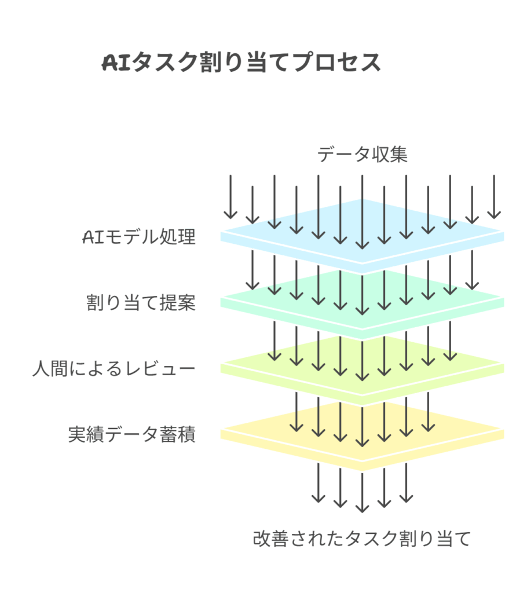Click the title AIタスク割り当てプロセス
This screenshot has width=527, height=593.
(x=241, y=63)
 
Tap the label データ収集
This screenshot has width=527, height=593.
(x=363, y=155)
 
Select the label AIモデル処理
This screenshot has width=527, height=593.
(x=138, y=237)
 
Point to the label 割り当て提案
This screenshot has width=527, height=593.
(x=141, y=303)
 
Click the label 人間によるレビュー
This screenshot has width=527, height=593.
(x=114, y=369)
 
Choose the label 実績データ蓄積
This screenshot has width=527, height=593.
(x=132, y=434)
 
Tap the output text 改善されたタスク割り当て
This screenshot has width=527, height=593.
(x=362, y=539)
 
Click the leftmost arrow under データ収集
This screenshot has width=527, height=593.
(x=230, y=197)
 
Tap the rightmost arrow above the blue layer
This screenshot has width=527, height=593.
(x=494, y=197)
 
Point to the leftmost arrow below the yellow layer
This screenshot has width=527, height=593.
(x=318, y=482)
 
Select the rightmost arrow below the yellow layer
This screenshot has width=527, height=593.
(x=406, y=482)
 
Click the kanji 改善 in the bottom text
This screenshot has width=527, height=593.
(x=271, y=539)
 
